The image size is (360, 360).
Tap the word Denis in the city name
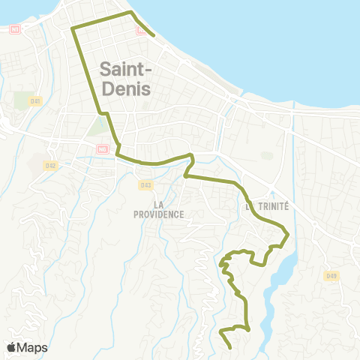[x=124, y=90]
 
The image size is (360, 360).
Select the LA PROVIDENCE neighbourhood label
[x=158, y=208]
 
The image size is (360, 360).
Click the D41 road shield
[x=35, y=100]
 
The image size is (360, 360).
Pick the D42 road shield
[x=50, y=165]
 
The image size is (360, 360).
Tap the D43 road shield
[x=145, y=184]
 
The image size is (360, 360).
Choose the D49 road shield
[x=331, y=276]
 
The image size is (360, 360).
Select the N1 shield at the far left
[x=15, y=29]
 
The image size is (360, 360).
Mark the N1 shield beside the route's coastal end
[x=141, y=31]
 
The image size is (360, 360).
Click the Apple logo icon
[x=12, y=347]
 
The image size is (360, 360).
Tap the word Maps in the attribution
[x=33, y=347]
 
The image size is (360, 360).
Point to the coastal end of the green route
[x=154, y=35]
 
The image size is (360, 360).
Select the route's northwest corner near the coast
[x=72, y=28]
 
